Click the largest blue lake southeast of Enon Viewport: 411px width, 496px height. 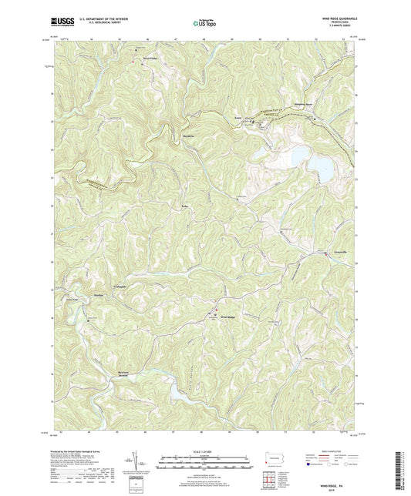click(296, 158)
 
